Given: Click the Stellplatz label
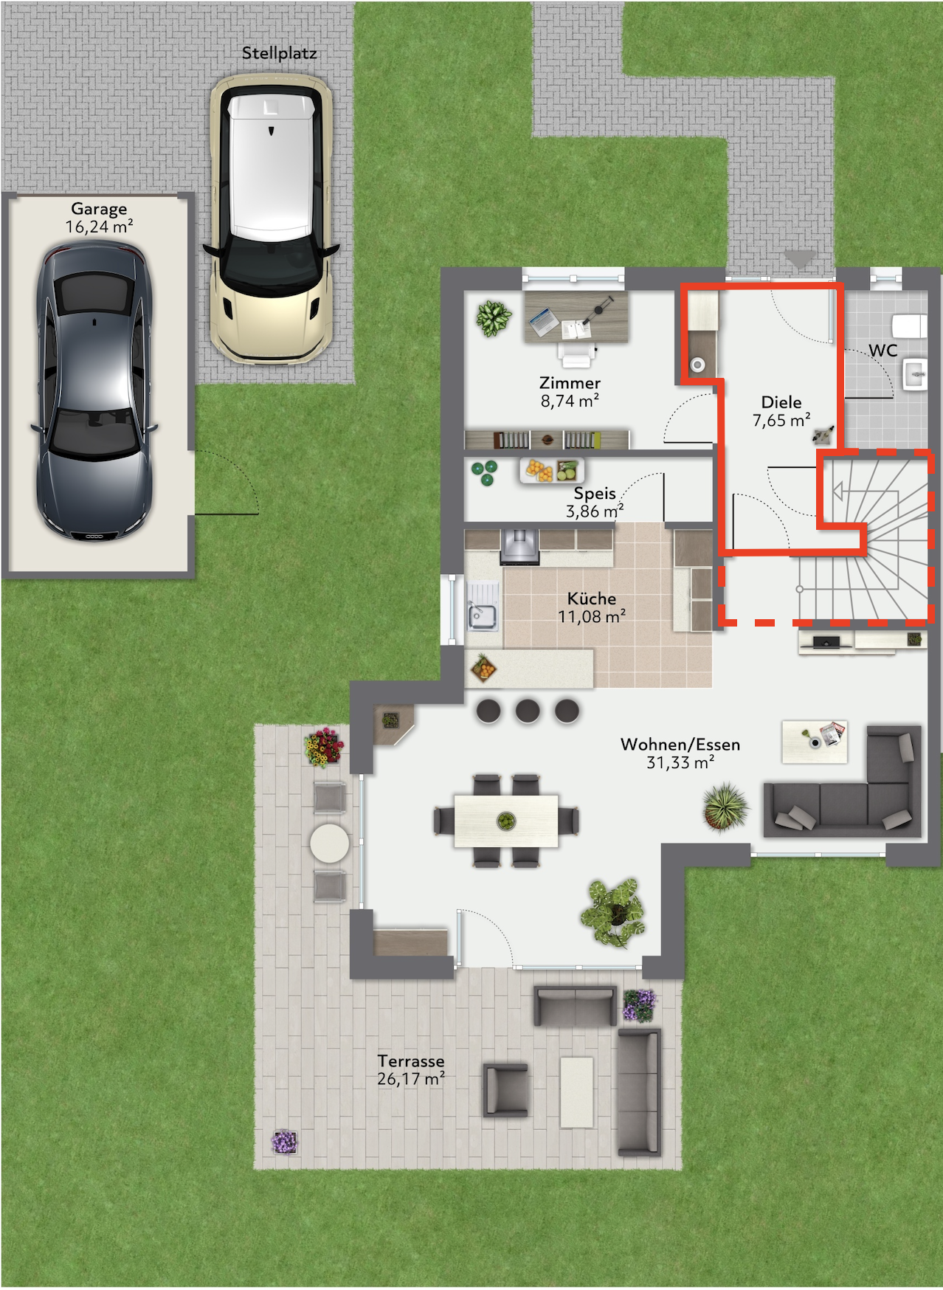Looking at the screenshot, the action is pyautogui.click(x=279, y=53).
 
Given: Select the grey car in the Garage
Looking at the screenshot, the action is pyautogui.click(x=94, y=392).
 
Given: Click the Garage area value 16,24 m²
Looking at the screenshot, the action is pyautogui.click(x=99, y=227).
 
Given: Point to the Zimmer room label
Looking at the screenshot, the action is pyautogui.click(x=570, y=382).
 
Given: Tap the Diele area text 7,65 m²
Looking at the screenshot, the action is pyautogui.click(x=781, y=420).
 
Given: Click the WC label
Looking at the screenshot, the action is pyautogui.click(x=883, y=350).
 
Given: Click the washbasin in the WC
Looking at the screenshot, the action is pyautogui.click(x=915, y=374).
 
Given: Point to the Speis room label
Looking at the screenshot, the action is pyautogui.click(x=595, y=493).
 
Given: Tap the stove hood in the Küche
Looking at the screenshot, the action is pyautogui.click(x=520, y=546).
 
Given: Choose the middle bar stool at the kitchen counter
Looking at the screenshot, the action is pyautogui.click(x=528, y=711).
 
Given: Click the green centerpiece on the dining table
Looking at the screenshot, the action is pyautogui.click(x=506, y=820).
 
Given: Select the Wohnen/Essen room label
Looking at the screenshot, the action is pyautogui.click(x=680, y=744).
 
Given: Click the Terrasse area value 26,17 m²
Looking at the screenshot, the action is pyautogui.click(x=411, y=1078).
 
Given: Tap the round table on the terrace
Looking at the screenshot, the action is pyautogui.click(x=329, y=843).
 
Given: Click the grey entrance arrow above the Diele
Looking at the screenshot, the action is pyautogui.click(x=800, y=258).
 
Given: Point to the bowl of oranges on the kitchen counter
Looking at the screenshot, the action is pyautogui.click(x=483, y=669).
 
